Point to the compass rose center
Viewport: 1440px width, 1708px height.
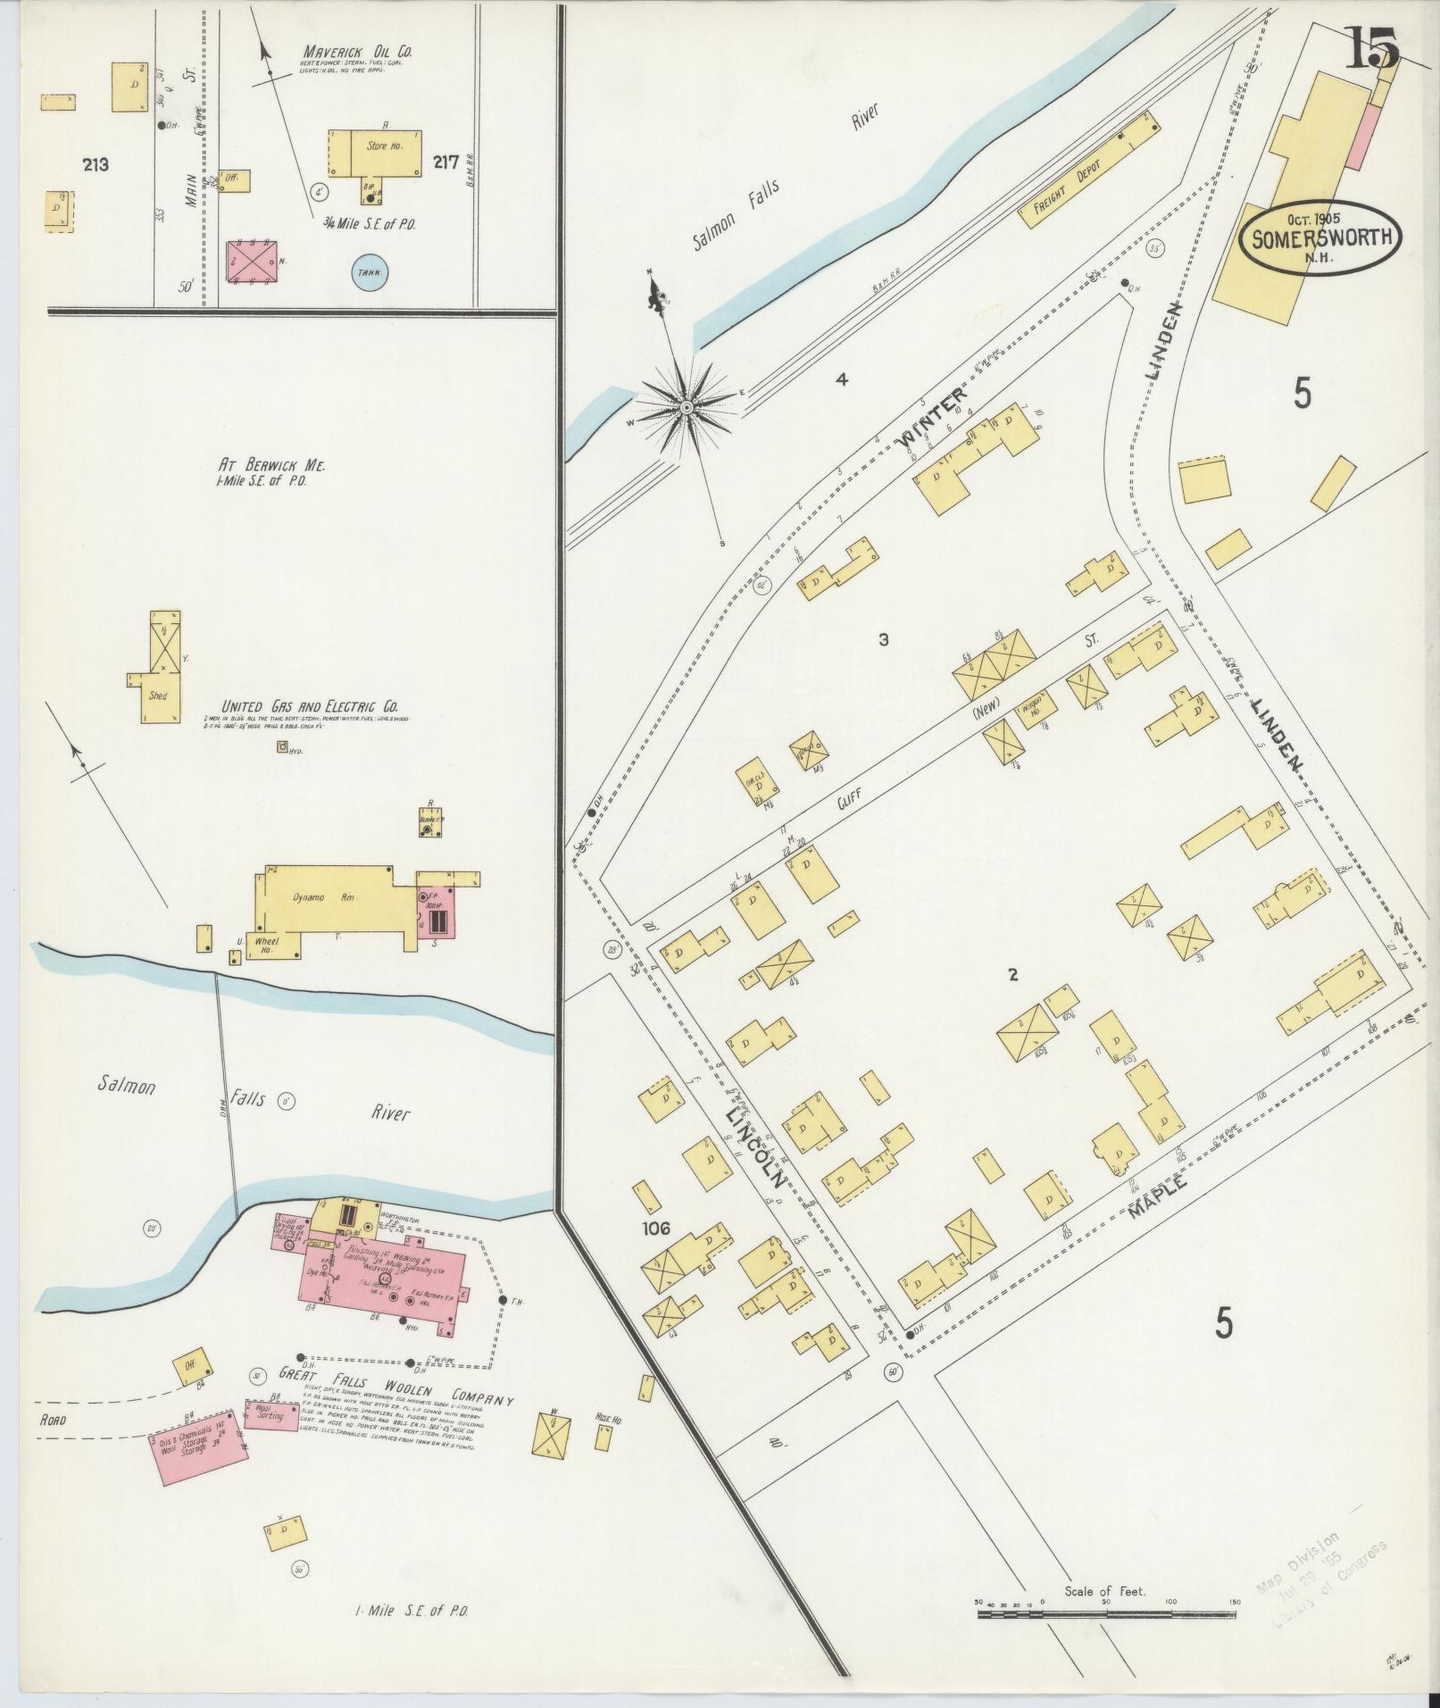tap(687, 407)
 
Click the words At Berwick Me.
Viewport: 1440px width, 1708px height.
tap(272, 466)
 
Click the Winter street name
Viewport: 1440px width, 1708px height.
tap(933, 417)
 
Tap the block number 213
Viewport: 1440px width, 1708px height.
tap(95, 164)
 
